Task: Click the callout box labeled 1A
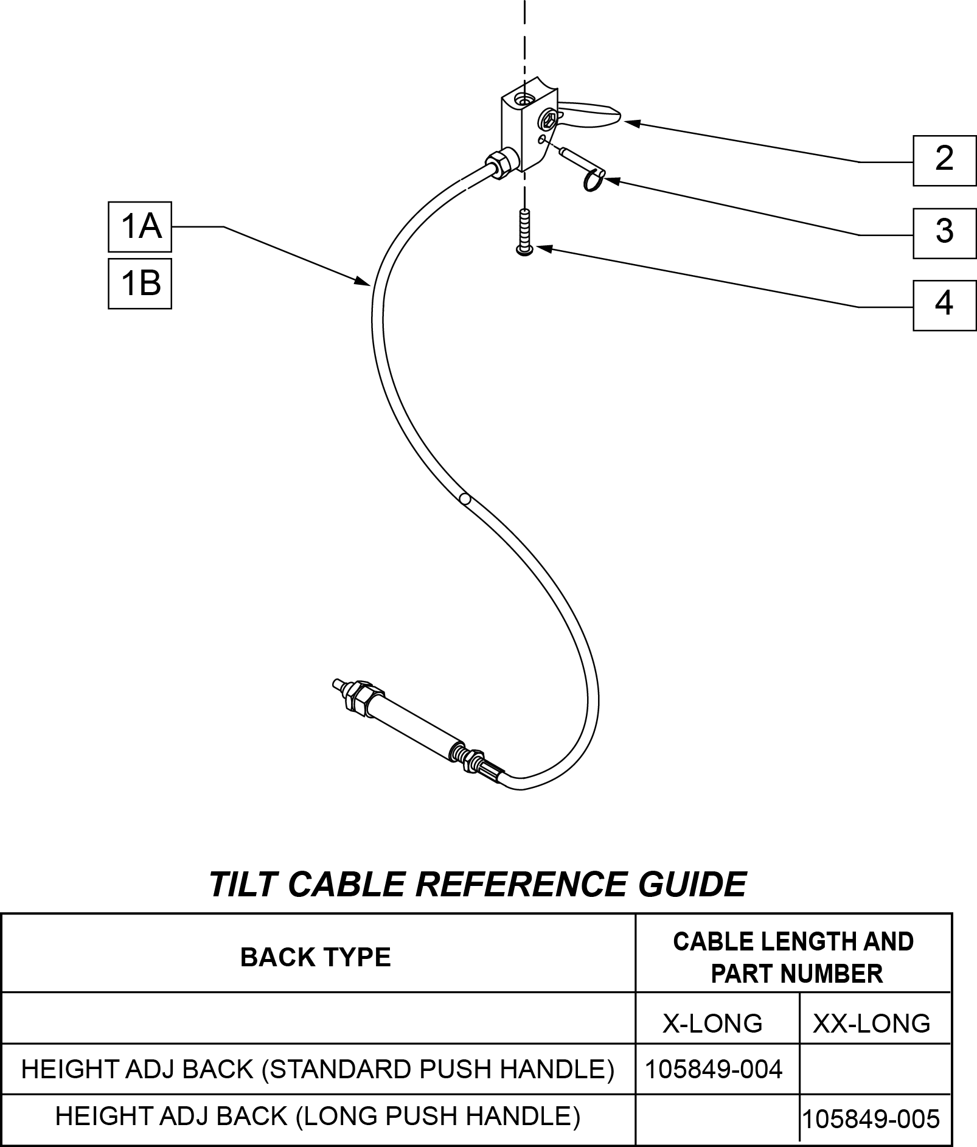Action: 140,226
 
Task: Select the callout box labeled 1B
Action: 140,284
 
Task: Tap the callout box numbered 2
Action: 944,161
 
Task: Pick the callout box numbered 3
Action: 944,233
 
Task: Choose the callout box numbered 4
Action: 944,305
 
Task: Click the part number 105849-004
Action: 713,1069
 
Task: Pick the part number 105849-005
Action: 871,1118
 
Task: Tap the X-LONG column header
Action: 712,1023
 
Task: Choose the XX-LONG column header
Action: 872,1023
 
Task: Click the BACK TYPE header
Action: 315,957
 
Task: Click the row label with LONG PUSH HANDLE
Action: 318,1115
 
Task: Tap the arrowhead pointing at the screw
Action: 544,248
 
